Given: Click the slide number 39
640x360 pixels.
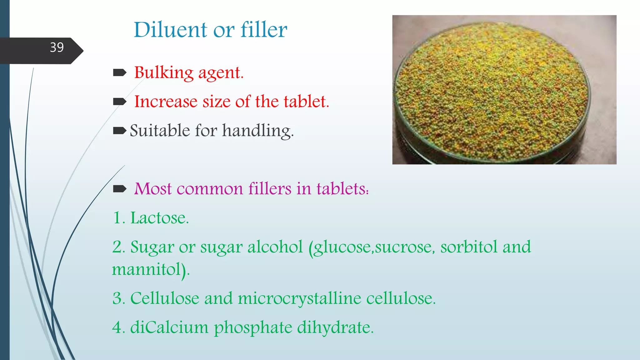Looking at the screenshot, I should [57, 47].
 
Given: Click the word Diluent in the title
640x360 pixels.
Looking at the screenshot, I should [170, 30].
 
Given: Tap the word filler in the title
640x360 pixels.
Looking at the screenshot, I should [264, 30].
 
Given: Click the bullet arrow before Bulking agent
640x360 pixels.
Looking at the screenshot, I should [120, 73].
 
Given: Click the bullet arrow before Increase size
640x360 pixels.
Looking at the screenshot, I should [120, 102].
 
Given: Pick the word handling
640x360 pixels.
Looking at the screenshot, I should [258, 131].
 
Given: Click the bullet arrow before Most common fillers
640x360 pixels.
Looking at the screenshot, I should [120, 189].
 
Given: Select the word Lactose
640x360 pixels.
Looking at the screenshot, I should [159, 218].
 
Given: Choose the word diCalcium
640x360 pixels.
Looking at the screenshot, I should [169, 327].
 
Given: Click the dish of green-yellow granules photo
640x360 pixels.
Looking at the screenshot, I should [504, 90].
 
